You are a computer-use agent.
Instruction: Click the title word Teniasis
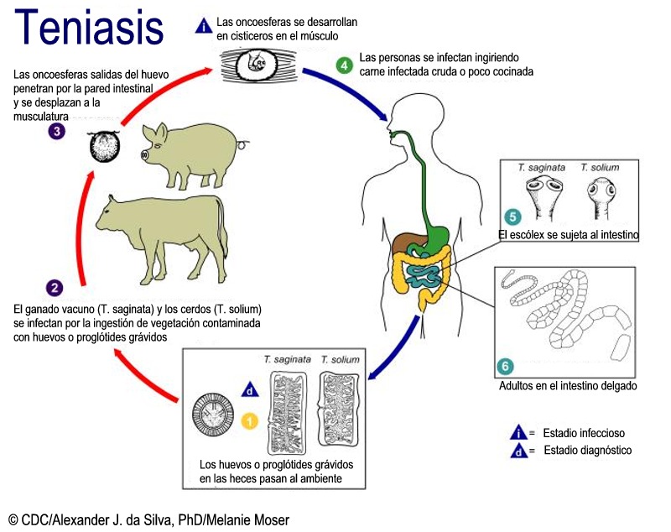pyautogui.click(x=90, y=27)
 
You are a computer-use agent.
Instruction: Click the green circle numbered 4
pyautogui.click(x=343, y=65)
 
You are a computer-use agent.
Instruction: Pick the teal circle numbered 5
pyautogui.click(x=512, y=216)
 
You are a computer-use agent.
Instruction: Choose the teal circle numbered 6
pyautogui.click(x=506, y=366)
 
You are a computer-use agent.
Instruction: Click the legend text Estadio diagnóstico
pyautogui.click(x=587, y=451)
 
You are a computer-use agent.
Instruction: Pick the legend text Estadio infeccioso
pyautogui.click(x=584, y=433)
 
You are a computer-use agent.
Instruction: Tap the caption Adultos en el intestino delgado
pyautogui.click(x=568, y=387)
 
